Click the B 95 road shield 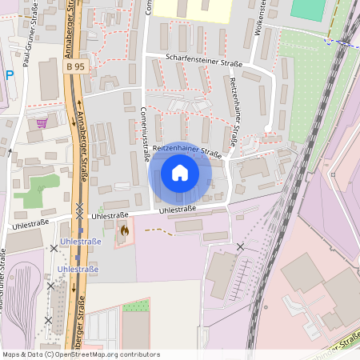75,68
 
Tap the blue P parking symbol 9,75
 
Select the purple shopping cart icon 41,123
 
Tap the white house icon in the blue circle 180,172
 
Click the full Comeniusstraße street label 145,134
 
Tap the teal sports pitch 309,9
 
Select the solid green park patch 37,190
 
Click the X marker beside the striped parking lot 241,246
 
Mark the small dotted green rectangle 136,306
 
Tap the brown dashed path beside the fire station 158,231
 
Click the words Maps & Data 22,354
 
